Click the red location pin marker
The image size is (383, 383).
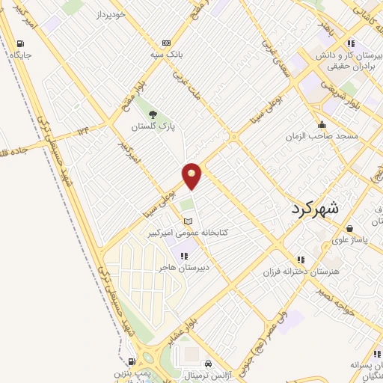(x=192, y=176)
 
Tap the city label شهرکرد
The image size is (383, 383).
(x=314, y=208)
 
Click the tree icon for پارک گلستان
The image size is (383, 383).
(x=153, y=114)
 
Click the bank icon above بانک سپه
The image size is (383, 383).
(x=165, y=43)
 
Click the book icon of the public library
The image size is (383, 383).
(x=188, y=221)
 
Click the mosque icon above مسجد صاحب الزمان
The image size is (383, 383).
(x=322, y=124)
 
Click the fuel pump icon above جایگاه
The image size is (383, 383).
(x=19, y=42)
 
